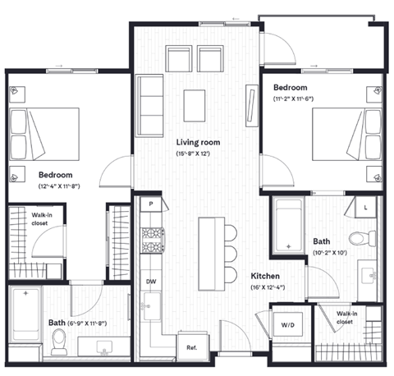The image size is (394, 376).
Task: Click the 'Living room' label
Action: click(x=197, y=143)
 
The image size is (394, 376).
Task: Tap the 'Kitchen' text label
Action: click(x=267, y=277)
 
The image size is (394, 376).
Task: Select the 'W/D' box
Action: click(x=288, y=325)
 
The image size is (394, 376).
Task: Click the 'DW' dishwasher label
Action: click(x=151, y=281)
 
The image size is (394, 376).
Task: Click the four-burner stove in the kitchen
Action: click(x=151, y=238)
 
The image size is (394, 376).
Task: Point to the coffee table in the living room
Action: click(x=195, y=103)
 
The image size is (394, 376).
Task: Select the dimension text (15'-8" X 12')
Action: click(x=198, y=154)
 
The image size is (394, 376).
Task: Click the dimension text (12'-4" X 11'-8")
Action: click(x=56, y=186)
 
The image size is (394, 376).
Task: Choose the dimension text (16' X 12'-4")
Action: click(x=268, y=287)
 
